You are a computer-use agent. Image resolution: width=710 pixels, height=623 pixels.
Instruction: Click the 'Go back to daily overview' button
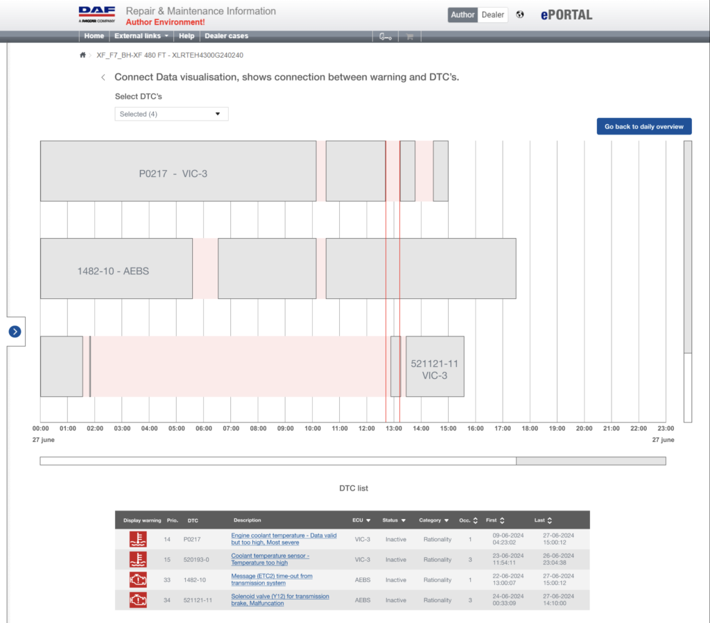[644, 126]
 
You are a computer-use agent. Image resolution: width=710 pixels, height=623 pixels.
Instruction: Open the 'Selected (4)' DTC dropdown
[171, 114]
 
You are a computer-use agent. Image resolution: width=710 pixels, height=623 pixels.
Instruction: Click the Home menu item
[94, 36]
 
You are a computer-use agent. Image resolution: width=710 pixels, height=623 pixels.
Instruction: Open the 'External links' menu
[141, 36]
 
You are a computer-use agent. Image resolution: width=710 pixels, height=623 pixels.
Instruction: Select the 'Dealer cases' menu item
[227, 36]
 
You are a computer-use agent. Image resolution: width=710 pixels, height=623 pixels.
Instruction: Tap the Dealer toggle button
[493, 15]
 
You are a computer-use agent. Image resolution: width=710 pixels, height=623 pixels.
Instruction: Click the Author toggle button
[462, 15]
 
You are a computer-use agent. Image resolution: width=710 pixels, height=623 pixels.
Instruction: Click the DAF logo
[97, 15]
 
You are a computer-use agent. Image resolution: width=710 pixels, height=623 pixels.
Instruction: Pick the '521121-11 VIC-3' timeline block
[435, 366]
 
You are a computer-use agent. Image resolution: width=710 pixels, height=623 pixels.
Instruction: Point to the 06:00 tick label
[204, 428]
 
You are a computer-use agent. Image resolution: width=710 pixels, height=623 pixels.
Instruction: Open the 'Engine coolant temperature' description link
[284, 539]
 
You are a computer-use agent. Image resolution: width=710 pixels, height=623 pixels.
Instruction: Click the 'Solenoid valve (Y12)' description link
[280, 599]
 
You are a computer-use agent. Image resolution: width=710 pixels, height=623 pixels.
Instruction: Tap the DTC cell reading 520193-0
[196, 560]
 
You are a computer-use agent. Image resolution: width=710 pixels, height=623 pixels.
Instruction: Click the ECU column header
[361, 520]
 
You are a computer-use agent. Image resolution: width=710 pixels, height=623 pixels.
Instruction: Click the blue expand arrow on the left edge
[15, 332]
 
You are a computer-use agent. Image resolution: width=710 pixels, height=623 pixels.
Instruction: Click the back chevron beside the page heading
[103, 78]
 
